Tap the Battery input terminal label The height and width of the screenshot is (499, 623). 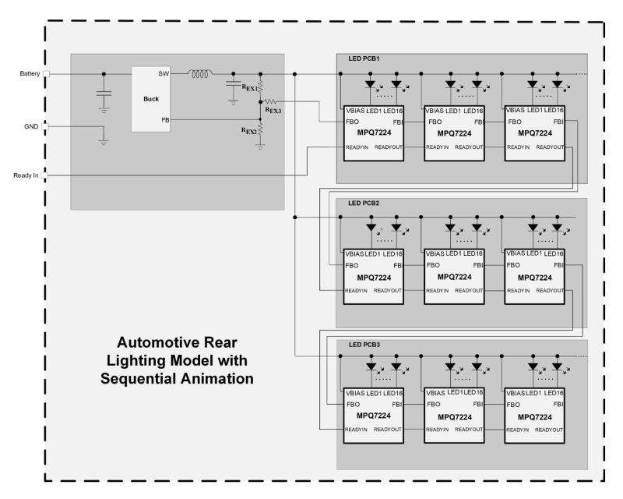click(30, 74)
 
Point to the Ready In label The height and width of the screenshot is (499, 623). click(26, 175)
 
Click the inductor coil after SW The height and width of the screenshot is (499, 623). click(200, 74)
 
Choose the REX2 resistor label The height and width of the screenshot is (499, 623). click(249, 133)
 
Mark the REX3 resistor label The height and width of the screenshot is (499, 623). click(273, 111)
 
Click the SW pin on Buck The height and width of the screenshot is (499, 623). click(163, 74)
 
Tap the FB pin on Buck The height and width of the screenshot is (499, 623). click(164, 120)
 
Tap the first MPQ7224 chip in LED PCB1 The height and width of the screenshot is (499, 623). click(373, 133)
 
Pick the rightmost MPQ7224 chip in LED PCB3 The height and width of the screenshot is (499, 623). click(534, 416)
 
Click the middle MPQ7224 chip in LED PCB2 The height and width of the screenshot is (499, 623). click(453, 276)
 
